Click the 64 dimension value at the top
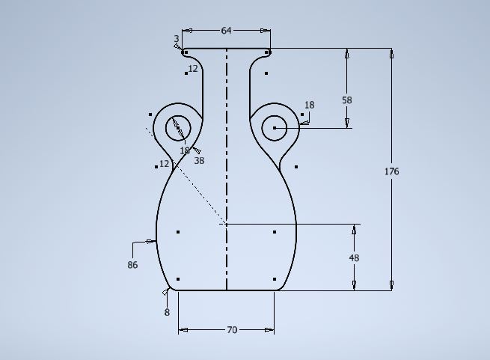(x=226, y=31)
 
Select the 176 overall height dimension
(x=391, y=171)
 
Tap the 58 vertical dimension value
(x=347, y=100)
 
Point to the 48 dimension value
(x=354, y=258)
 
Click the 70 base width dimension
(x=232, y=330)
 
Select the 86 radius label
(x=132, y=265)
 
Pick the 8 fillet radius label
(x=167, y=312)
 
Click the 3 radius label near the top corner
(x=177, y=39)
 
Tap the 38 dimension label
(x=199, y=161)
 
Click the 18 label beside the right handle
(x=309, y=105)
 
